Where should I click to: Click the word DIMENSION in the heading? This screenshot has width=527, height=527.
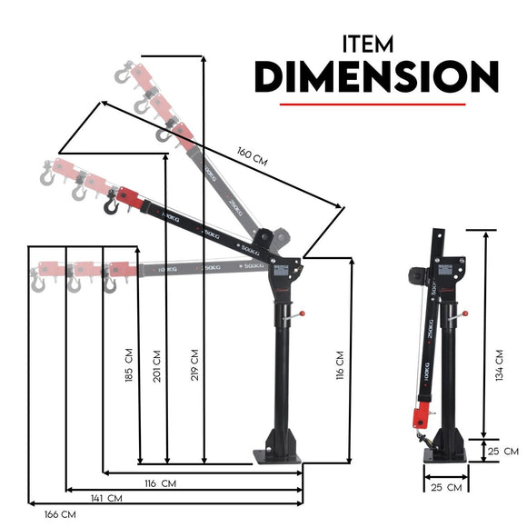pyautogui.click(x=375, y=78)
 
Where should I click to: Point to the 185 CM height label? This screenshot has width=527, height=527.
pyautogui.click(x=130, y=362)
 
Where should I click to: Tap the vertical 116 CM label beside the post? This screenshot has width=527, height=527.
pyautogui.click(x=341, y=363)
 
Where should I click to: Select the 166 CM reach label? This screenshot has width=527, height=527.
pyautogui.click(x=60, y=514)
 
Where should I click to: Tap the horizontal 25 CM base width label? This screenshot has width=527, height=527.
pyautogui.click(x=445, y=488)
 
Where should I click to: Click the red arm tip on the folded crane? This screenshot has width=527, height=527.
pyautogui.click(x=422, y=417)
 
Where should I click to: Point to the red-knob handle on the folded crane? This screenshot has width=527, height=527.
pyautogui.click(x=460, y=317)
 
